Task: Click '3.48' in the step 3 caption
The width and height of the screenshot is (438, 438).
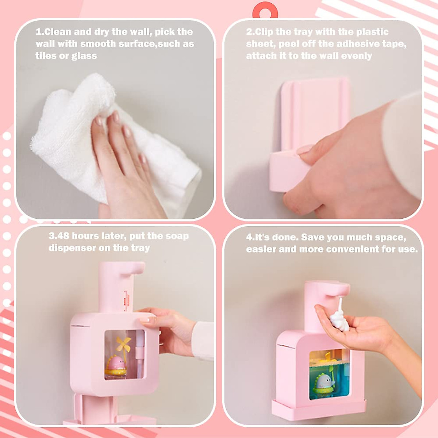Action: coord(59,236)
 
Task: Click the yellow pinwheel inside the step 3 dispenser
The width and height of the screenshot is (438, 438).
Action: coord(123,345)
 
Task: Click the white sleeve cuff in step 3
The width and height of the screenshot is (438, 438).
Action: coord(203,339)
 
